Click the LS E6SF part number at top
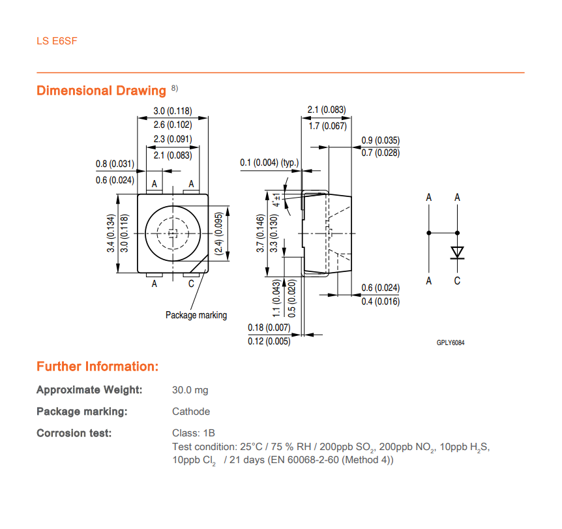tap(57, 41)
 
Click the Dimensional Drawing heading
tap(102, 91)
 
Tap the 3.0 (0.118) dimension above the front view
tap(173, 111)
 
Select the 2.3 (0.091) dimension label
tap(173, 139)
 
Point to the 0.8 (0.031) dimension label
tap(115, 164)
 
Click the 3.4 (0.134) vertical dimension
tap(111, 233)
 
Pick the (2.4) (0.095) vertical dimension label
tap(218, 234)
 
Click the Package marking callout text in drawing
tap(196, 315)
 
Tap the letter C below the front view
tap(191, 284)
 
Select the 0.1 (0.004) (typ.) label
tap(269, 162)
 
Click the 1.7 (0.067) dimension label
tap(327, 126)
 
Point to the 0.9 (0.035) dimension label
tap(380, 140)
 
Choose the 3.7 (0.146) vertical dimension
tap(260, 233)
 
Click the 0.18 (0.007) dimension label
tap(269, 327)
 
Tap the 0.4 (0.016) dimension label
tap(380, 301)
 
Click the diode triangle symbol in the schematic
tap(457, 252)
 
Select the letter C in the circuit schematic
tap(457, 281)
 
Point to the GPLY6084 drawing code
tap(450, 342)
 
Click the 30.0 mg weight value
tap(190, 390)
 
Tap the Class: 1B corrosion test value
tap(194, 433)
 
